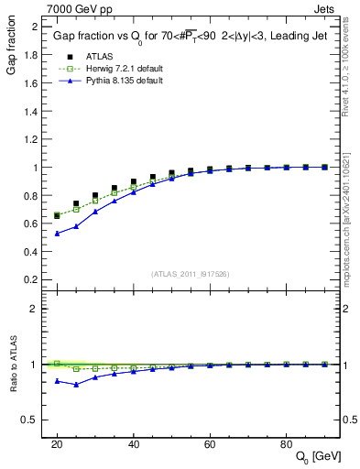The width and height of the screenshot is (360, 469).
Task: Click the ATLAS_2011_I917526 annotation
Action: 191,273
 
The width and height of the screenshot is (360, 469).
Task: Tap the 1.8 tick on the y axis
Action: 34,55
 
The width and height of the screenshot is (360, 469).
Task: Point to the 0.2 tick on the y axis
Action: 34,279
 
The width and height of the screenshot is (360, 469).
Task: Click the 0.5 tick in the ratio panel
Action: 34,420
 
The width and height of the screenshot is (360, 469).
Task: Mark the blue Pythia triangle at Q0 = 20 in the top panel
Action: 57,234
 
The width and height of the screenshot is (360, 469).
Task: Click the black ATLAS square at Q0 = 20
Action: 57,215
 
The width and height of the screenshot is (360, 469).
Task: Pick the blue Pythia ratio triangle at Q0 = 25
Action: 76,385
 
